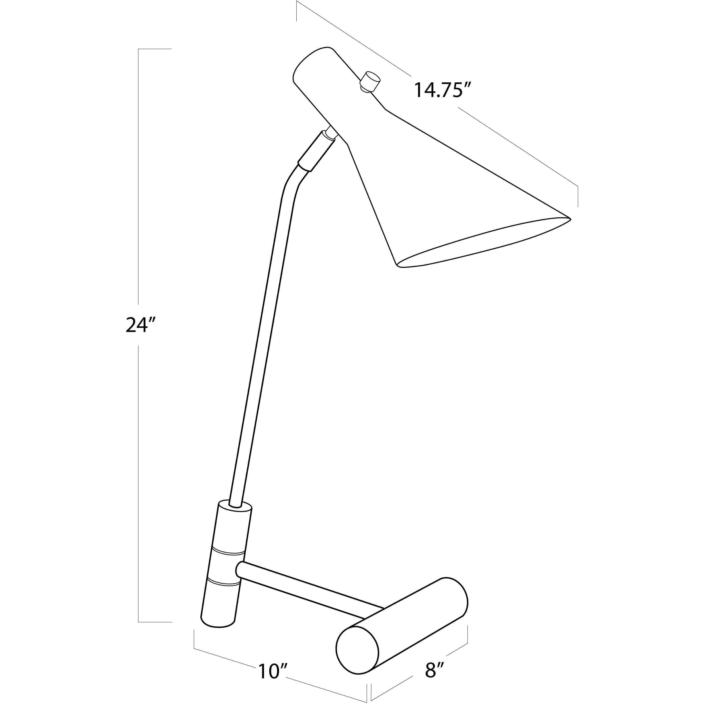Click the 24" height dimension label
[141, 325]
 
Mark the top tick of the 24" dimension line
[155, 49]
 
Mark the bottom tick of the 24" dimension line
[155, 622]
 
